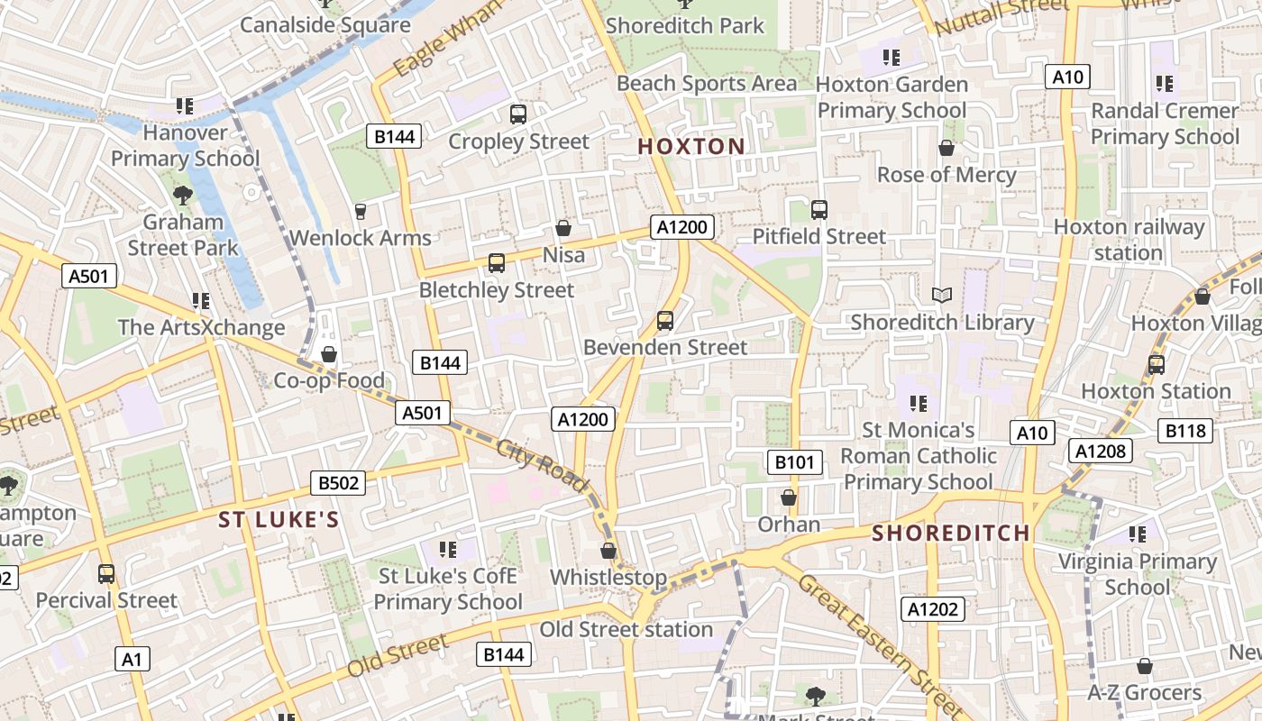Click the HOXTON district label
click(691, 147)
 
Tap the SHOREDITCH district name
click(950, 533)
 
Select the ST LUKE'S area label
click(279, 520)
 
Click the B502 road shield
click(338, 483)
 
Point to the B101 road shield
click(794, 463)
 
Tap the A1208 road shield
click(1101, 451)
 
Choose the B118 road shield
click(1185, 431)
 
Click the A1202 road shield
click(933, 609)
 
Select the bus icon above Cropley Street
click(518, 114)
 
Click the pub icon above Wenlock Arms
click(361, 212)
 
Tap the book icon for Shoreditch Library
click(942, 296)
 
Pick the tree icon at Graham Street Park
click(183, 195)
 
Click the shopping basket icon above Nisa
click(563, 229)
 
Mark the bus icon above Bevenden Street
click(665, 321)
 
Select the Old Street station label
click(626, 629)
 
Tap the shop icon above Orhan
click(789, 498)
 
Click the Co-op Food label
click(329, 380)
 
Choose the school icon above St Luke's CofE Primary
click(447, 549)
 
